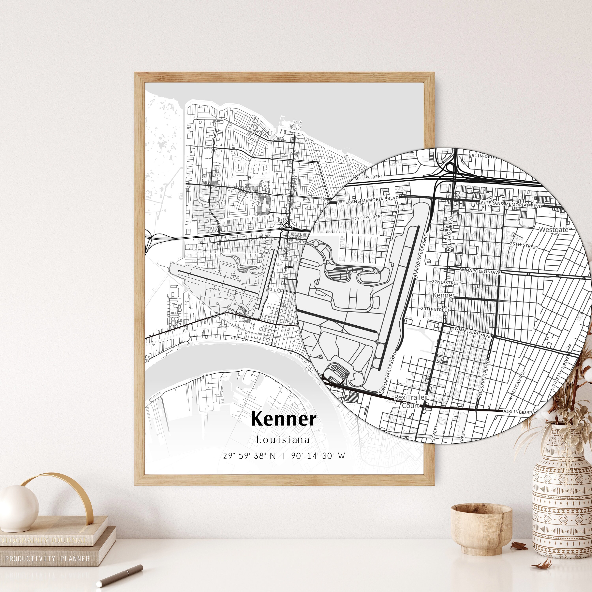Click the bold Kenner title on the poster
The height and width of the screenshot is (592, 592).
tap(283, 419)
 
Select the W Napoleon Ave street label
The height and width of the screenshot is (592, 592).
tap(480, 272)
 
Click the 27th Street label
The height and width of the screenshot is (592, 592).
tap(369, 217)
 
